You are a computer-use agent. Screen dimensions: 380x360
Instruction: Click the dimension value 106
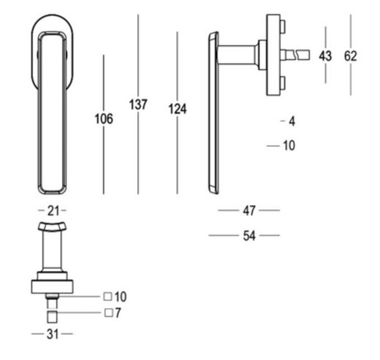[104, 119]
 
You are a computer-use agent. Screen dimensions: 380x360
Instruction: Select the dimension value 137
[138, 104]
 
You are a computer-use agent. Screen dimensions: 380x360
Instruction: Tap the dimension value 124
[178, 109]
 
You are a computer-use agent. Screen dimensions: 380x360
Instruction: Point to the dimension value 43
[325, 55]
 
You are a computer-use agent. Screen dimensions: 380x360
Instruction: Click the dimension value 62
[351, 55]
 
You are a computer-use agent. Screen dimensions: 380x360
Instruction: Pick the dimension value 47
[249, 210]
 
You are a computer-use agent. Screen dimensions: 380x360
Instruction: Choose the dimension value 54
[249, 236]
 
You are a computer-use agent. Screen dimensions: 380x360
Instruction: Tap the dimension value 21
[53, 211]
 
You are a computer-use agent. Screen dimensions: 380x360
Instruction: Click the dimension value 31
[53, 334]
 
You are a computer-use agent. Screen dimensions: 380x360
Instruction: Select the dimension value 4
[292, 121]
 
